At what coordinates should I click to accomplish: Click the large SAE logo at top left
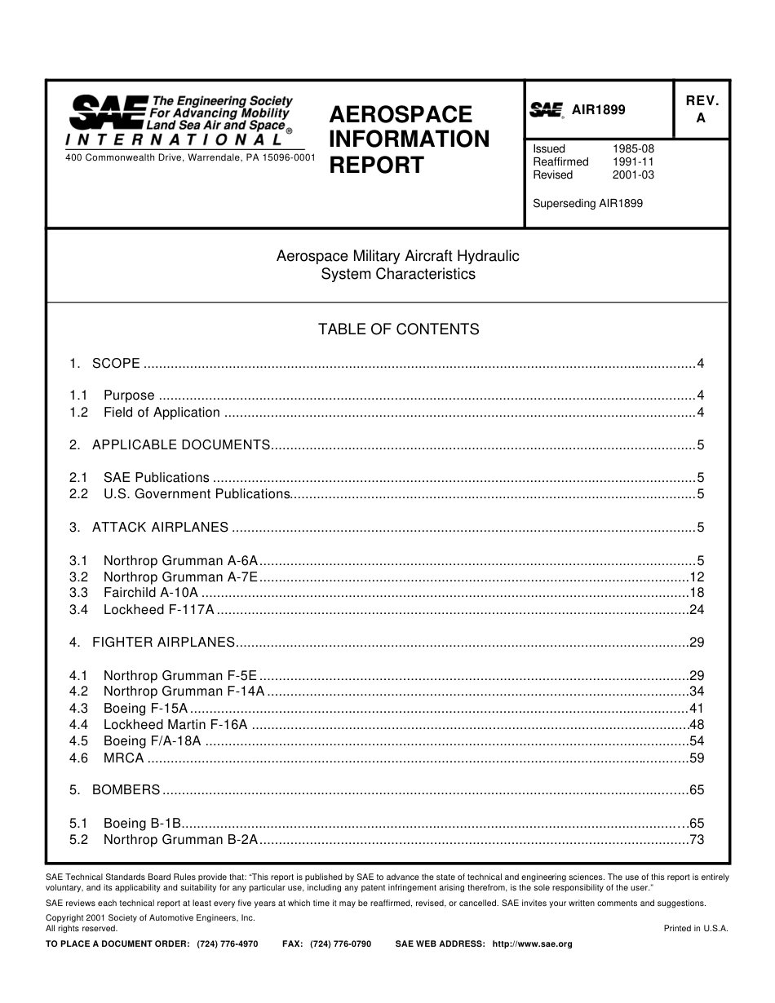click(106, 112)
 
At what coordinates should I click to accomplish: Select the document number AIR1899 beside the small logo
click(598, 110)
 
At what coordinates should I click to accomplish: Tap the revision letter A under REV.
click(700, 118)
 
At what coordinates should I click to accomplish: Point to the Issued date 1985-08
click(633, 148)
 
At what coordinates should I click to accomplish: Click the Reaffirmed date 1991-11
click(633, 161)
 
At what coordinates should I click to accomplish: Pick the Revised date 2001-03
click(633, 175)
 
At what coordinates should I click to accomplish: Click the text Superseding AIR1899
click(587, 204)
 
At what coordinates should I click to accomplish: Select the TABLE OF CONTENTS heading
click(398, 329)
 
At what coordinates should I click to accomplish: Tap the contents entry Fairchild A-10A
click(150, 593)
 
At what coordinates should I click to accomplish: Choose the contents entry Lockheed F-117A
click(158, 609)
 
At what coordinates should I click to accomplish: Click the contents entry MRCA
click(123, 758)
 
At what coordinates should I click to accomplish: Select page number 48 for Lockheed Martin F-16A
click(696, 724)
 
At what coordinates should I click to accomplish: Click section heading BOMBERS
click(126, 789)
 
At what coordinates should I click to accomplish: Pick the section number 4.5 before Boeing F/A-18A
click(78, 740)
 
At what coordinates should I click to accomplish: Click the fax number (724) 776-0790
click(340, 943)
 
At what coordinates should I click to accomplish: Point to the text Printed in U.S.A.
click(695, 928)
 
